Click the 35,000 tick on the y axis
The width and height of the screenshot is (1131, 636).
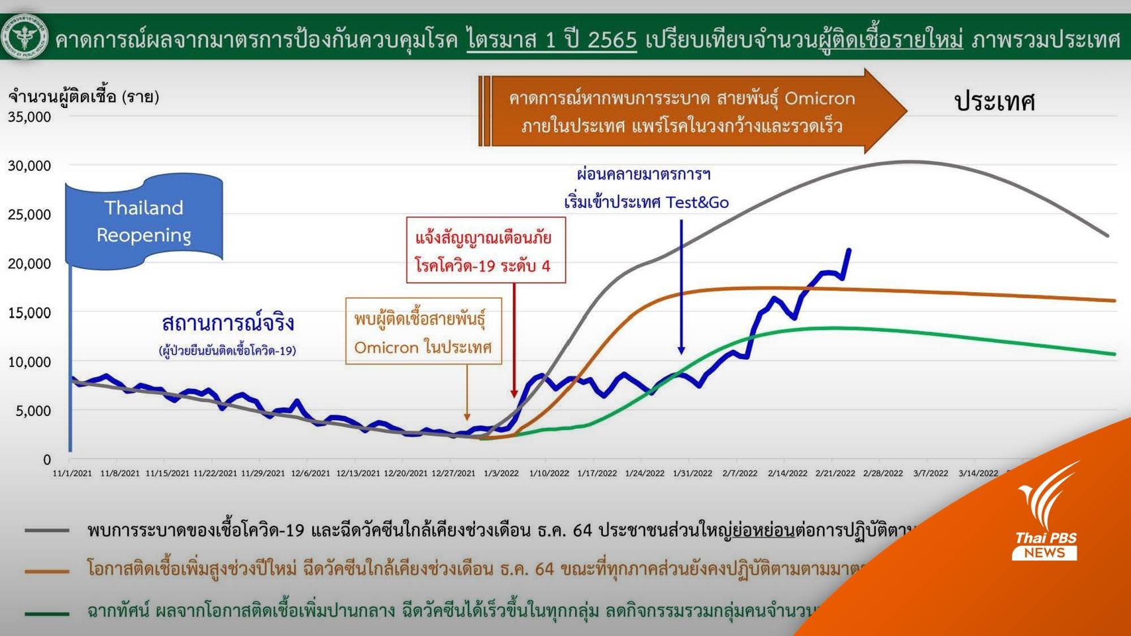[x=30, y=117]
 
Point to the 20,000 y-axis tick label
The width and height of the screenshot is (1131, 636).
[x=30, y=264]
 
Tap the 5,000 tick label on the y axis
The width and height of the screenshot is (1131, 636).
[x=34, y=411]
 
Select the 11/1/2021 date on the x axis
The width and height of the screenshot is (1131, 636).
[x=72, y=473]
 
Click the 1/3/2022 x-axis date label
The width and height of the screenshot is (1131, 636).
[x=501, y=473]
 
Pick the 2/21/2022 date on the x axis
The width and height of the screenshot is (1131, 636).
[x=835, y=473]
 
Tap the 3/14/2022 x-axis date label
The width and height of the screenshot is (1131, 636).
[x=978, y=473]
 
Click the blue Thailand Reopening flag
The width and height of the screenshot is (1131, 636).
[x=144, y=221]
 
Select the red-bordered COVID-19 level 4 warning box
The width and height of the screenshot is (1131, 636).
[x=486, y=250]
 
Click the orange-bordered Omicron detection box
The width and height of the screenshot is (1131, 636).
[x=423, y=332]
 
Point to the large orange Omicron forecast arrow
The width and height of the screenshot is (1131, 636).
[x=689, y=111]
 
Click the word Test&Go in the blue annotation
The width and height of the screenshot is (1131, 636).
[x=697, y=203]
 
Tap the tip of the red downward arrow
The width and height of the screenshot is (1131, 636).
[x=514, y=396]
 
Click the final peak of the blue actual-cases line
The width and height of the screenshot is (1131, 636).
[x=849, y=250]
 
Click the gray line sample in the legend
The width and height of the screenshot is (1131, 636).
[x=47, y=530]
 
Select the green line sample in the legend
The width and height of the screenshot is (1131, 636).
[x=47, y=613]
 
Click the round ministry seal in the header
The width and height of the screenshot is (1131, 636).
[x=25, y=36]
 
